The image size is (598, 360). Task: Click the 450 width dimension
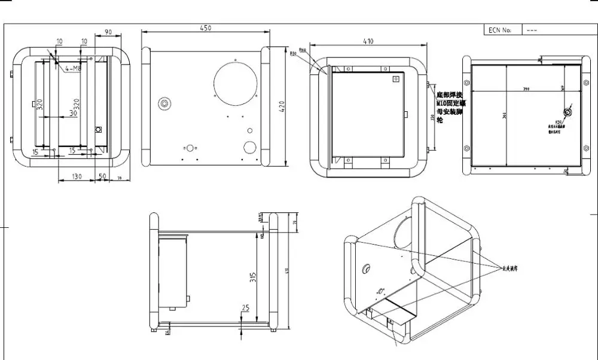pos(205,28)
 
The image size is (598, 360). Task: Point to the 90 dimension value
pos(109,32)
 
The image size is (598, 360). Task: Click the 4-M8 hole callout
pos(73,69)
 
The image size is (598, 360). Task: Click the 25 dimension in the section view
pos(245,308)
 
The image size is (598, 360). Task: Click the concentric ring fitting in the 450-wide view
pos(163,103)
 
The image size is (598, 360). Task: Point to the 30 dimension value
pos(73,112)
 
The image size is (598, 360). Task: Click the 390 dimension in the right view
pos(526,89)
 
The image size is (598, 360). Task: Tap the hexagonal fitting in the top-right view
pos(568,112)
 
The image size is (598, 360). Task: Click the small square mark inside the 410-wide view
pos(395,78)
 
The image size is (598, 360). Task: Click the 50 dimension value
pos(102,176)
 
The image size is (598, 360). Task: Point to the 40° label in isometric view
pos(379,292)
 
